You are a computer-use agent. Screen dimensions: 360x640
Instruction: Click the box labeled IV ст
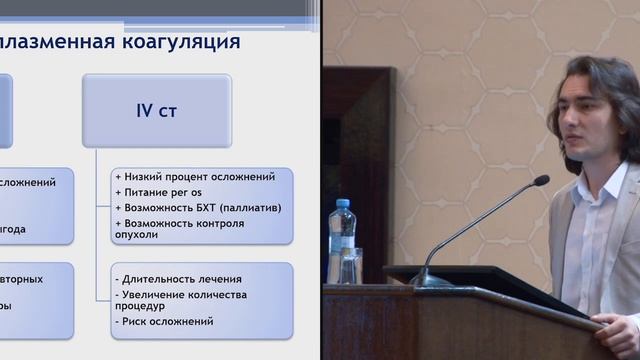pyautogui.click(x=157, y=111)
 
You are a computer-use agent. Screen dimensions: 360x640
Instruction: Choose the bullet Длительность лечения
pyautogui.click(x=180, y=278)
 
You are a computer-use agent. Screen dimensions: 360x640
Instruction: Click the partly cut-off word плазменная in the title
pyautogui.click(x=50, y=42)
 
